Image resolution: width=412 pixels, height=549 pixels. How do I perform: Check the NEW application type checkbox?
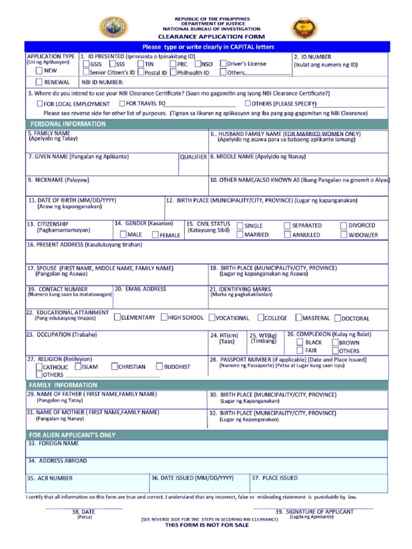39,70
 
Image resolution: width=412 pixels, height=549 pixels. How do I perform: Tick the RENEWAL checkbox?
39,82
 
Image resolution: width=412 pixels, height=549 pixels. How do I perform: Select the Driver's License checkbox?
223,64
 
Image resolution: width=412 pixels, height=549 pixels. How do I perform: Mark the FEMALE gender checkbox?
155,235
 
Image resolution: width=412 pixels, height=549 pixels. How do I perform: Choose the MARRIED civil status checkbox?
240,235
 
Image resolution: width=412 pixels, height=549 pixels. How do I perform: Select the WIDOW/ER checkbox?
343,235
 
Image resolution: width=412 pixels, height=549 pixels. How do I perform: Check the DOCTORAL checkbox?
338,317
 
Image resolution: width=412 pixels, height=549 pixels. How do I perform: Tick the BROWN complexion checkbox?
335,342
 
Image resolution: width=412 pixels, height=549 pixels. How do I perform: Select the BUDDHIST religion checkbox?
159,367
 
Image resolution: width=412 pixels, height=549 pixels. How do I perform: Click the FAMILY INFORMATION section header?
63,385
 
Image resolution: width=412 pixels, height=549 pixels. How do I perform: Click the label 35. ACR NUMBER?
50,478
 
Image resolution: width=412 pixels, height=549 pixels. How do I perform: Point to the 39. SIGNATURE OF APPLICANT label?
314,511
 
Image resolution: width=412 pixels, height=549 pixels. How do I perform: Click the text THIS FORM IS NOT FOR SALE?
207,525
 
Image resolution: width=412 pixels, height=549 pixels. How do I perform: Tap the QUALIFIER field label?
193,157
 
